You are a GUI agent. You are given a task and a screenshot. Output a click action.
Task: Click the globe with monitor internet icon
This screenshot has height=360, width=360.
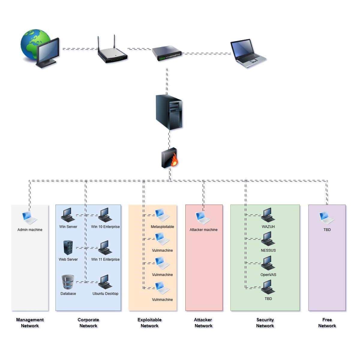tap(40, 49)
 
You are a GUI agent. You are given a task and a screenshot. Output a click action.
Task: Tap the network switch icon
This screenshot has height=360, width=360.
tap(167, 53)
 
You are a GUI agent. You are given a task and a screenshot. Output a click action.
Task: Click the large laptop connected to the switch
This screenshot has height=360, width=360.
tap(248, 53)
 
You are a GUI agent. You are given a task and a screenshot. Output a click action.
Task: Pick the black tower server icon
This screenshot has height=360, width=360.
tap(169, 112)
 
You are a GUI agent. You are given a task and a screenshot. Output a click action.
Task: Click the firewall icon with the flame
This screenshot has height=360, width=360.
tap(169, 158)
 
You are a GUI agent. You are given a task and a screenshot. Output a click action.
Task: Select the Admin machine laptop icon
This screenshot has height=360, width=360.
tap(30, 218)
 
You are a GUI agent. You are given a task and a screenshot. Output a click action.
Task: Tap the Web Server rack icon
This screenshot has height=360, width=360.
tap(68, 248)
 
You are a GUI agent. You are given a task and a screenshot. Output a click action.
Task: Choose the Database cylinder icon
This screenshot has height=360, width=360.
tap(68, 282)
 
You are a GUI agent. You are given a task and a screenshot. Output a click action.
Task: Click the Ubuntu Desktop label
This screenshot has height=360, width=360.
tap(105, 293)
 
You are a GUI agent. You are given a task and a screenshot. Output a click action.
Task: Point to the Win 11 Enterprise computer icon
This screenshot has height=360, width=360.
tap(105, 248)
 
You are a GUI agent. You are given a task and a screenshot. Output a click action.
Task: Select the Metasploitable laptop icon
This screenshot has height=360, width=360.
tap(162, 215)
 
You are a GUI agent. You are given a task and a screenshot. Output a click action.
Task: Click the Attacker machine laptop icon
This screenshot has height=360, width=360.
tap(203, 218)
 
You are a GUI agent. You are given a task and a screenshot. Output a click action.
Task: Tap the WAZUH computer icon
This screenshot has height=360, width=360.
tap(268, 215)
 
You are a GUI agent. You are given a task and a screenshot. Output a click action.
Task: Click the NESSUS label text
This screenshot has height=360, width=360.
tap(268, 250)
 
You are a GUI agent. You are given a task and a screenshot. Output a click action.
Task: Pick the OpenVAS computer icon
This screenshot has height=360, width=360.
tap(268, 263)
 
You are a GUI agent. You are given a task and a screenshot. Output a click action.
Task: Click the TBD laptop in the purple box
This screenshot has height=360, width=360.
tap(327, 218)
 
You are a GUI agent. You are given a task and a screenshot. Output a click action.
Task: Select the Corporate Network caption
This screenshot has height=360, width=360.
tap(88, 322)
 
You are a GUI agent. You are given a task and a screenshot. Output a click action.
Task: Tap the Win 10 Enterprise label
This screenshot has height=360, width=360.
tap(105, 226)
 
